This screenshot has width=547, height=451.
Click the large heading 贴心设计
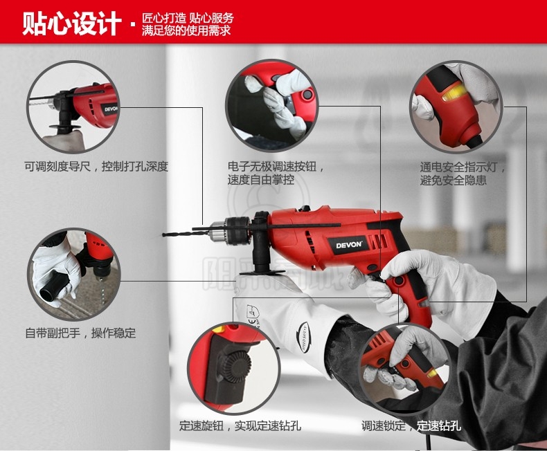click(x=71, y=24)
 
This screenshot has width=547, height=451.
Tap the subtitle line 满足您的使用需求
click(x=186, y=30)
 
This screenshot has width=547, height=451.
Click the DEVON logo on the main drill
click(x=348, y=244)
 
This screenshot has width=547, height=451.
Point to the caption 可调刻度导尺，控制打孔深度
click(x=96, y=167)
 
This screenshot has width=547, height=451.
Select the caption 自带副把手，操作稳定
click(x=80, y=333)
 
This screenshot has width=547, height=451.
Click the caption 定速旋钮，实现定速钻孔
click(x=240, y=425)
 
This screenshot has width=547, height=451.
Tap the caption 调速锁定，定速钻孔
click(x=411, y=425)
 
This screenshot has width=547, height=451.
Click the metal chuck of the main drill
click(x=237, y=230)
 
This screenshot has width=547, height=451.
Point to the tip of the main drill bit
click(x=163, y=234)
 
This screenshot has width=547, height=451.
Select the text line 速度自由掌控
click(x=261, y=180)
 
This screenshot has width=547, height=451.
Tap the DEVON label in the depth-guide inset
click(x=111, y=109)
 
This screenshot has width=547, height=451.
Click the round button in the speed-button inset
click(x=307, y=94)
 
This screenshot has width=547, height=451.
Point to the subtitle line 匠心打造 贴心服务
click(x=188, y=18)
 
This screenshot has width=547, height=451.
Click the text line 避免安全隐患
click(x=453, y=181)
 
